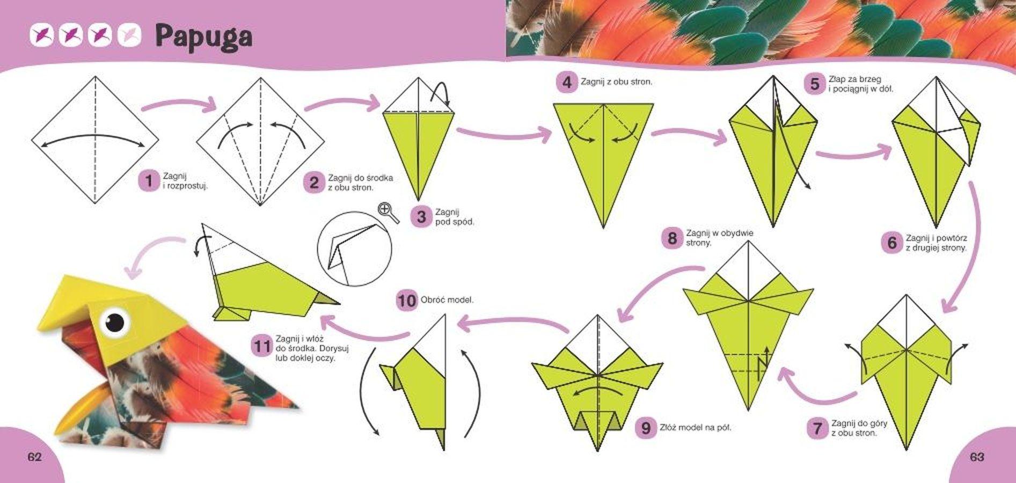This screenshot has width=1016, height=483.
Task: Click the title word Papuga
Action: (204, 37)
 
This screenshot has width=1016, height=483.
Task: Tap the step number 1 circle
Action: (149, 181)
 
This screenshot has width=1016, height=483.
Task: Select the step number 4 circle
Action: (567, 83)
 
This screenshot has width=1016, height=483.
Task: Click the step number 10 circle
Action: (406, 300)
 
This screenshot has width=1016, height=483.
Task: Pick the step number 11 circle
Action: (261, 346)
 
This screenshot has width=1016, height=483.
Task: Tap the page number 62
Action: (34, 457)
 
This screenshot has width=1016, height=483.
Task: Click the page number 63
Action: (977, 457)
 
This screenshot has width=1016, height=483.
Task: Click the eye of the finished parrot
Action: (114, 322)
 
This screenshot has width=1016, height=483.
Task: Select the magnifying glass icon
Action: (388, 213)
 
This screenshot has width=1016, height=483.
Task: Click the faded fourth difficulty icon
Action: (129, 35)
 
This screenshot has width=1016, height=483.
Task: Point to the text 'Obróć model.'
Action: (447, 300)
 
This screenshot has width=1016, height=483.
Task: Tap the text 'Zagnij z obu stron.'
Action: (617, 82)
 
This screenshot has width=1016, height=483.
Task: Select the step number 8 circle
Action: (672, 237)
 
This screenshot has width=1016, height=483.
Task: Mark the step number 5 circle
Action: (815, 84)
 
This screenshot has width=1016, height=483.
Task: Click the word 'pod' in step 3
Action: (443, 222)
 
